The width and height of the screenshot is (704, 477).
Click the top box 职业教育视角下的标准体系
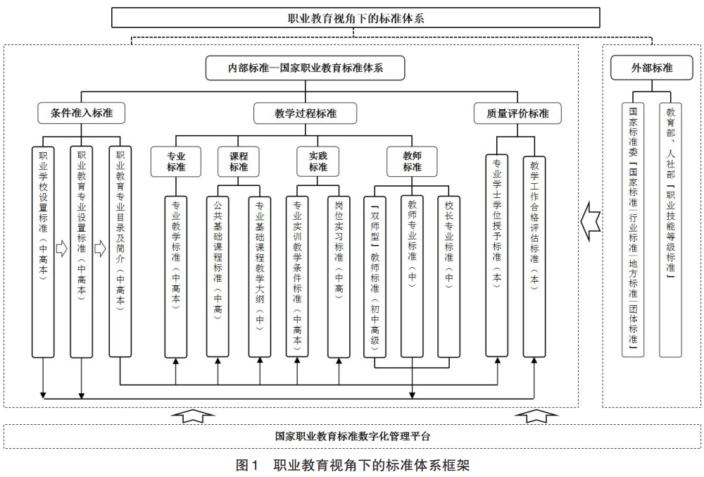click(x=356, y=18)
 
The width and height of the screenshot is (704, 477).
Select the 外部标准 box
click(x=651, y=68)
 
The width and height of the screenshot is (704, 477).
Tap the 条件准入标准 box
click(x=82, y=113)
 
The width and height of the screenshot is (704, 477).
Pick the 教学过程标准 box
click(x=306, y=113)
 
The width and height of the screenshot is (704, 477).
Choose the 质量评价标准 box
click(x=517, y=113)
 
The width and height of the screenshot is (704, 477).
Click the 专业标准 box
click(x=176, y=161)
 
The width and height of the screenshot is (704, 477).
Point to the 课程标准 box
click(x=239, y=161)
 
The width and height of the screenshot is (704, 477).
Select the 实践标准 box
click(x=318, y=161)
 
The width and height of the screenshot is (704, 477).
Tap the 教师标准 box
click(x=412, y=161)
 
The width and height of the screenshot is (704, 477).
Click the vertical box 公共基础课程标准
click(x=218, y=275)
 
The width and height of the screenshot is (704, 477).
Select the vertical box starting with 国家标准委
click(x=633, y=229)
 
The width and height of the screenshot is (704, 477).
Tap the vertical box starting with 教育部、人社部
click(x=670, y=229)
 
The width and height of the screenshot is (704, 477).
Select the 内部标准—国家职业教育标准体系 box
click(x=306, y=68)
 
